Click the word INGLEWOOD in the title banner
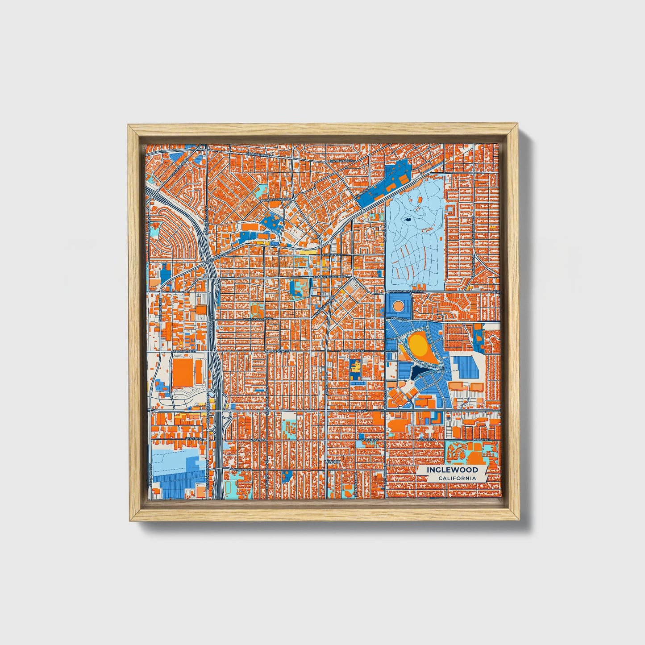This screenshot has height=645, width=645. (452, 470)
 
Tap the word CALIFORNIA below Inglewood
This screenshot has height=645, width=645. (456, 478)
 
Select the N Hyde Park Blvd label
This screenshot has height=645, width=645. (277, 199)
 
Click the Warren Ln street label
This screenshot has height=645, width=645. (364, 193)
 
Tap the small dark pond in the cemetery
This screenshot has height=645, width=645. (407, 220)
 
